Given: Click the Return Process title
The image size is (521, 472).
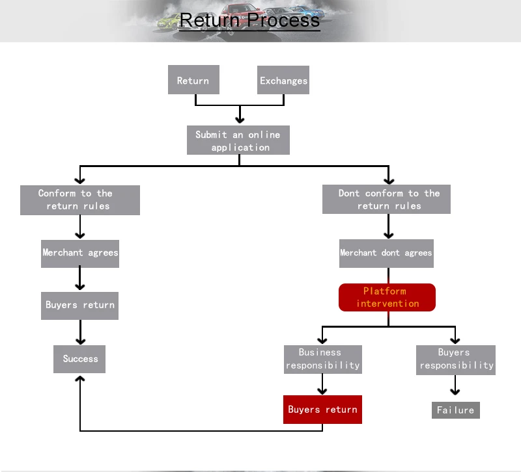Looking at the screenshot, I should click(x=249, y=20).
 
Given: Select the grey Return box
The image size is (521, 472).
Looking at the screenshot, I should click(x=193, y=81).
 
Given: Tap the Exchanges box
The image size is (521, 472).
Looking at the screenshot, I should click(x=283, y=81).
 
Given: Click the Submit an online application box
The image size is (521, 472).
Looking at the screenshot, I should click(x=238, y=140).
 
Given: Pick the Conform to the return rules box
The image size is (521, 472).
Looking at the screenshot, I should click(x=80, y=200).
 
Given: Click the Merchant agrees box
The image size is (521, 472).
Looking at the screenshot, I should click(x=80, y=252).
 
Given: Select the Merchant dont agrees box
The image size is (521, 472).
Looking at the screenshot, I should click(x=386, y=252).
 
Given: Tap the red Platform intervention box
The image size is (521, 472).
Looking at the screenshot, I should click(x=387, y=297).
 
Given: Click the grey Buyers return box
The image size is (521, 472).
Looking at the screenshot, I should click(x=80, y=305).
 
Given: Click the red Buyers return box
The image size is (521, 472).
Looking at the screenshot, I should click(x=322, y=410).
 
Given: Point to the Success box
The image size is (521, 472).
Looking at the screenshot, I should click(x=79, y=359).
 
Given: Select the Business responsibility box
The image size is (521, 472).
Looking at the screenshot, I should click(x=322, y=359).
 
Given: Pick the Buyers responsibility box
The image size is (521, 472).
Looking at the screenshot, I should click(x=456, y=359).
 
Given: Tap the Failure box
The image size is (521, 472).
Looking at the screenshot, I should click(x=455, y=410).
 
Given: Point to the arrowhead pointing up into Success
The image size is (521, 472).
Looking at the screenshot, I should click(x=79, y=379).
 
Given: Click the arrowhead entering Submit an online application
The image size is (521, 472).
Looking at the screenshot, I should click(x=240, y=120).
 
